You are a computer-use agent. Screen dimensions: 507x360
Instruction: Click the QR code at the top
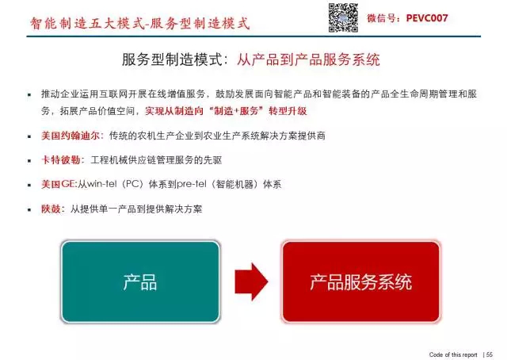[x=343, y=17]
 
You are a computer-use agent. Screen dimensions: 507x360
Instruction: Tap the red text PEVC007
[x=427, y=17]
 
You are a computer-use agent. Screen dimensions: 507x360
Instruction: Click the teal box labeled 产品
[x=140, y=281]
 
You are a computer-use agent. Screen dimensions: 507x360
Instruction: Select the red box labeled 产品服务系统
[x=361, y=281]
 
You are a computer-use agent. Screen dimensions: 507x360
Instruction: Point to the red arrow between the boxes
[x=251, y=281]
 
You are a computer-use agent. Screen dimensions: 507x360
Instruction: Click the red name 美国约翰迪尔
[x=71, y=136]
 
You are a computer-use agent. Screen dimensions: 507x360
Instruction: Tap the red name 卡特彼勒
[x=61, y=160]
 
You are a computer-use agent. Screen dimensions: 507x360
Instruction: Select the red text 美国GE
[x=58, y=184]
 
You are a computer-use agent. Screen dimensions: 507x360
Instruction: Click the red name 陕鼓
[x=51, y=209]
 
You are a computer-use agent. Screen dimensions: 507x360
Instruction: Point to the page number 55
[x=490, y=354]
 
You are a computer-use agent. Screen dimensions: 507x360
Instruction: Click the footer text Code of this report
[x=453, y=354]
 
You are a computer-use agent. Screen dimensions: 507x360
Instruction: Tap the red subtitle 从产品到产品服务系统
[x=308, y=59]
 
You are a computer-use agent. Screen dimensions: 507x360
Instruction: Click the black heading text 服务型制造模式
[x=172, y=59]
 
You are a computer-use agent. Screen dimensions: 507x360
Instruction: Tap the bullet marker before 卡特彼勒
[x=29, y=161]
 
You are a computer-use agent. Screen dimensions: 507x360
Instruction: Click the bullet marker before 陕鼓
[x=29, y=209]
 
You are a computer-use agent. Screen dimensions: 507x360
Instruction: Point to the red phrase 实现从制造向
[x=174, y=111]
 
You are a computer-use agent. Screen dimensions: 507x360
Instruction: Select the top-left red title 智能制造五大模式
[x=86, y=23]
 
